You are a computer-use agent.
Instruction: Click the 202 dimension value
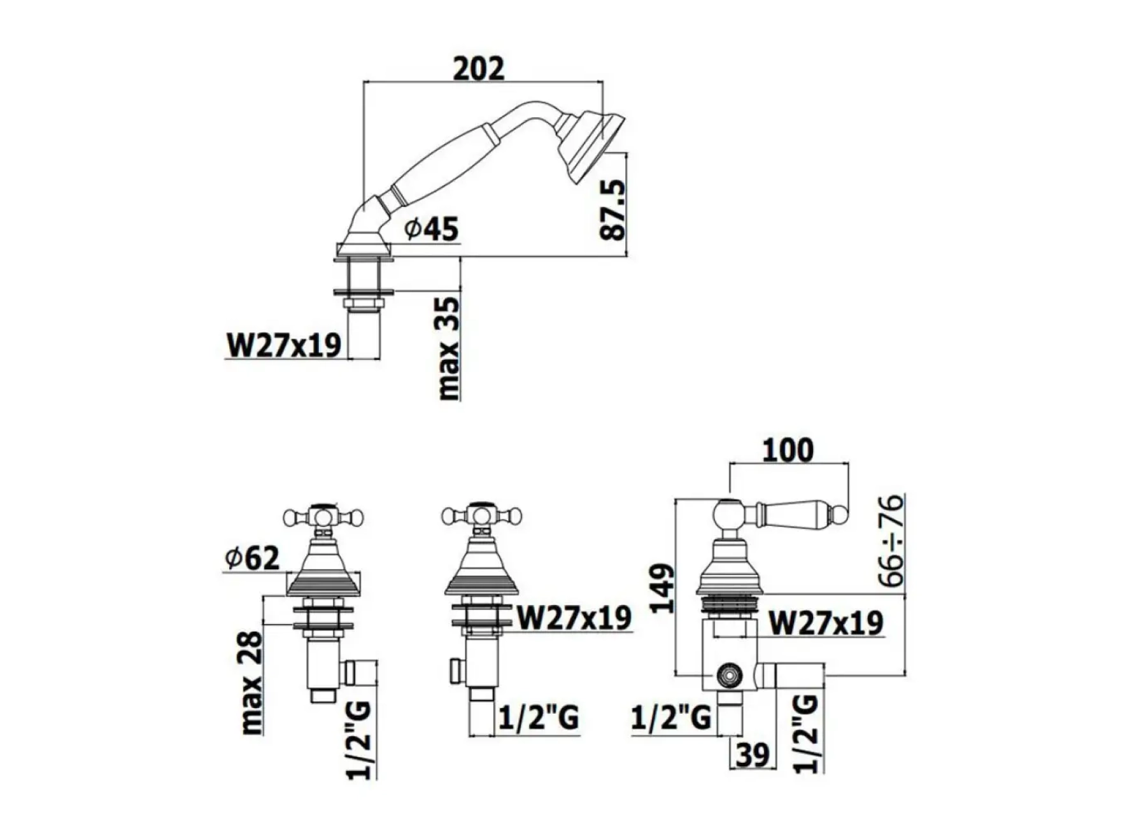(478, 69)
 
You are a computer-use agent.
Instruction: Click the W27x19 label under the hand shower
(284, 345)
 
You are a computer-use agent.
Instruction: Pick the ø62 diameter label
(252, 558)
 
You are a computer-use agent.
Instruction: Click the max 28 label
(251, 683)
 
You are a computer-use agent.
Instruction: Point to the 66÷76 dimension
(892, 540)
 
